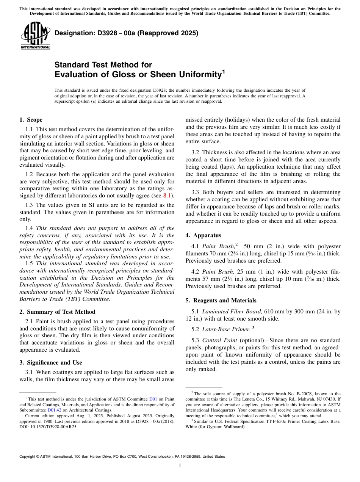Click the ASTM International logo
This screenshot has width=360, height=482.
(x=35, y=36)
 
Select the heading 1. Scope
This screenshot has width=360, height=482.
(x=31, y=120)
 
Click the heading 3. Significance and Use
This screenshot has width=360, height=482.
(x=50, y=363)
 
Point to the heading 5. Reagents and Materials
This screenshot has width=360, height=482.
(x=221, y=300)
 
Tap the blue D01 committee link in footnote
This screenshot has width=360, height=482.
(x=153, y=399)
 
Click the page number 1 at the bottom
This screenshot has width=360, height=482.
(x=180, y=466)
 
